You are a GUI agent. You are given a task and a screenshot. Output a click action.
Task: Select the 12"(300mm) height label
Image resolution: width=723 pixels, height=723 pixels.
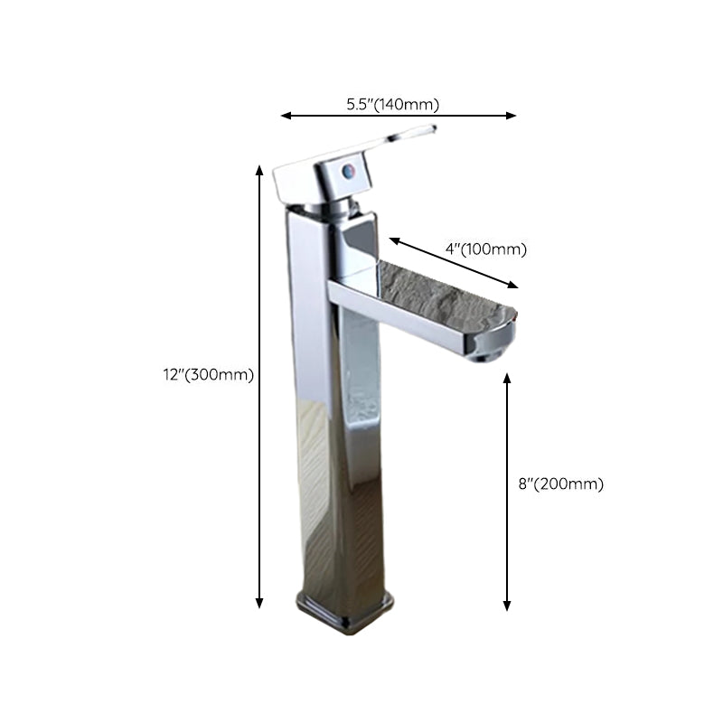point(202,374)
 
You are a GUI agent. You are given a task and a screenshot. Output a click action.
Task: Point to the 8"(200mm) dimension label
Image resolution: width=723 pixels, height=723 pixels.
point(560,484)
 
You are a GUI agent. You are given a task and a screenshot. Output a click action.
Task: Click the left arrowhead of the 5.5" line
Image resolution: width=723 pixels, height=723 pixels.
point(285,116)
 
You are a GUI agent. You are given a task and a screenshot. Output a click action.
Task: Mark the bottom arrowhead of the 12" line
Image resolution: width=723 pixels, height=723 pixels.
point(260,603)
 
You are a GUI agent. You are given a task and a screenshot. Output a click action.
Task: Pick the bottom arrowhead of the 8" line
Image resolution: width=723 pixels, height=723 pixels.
point(507,606)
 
